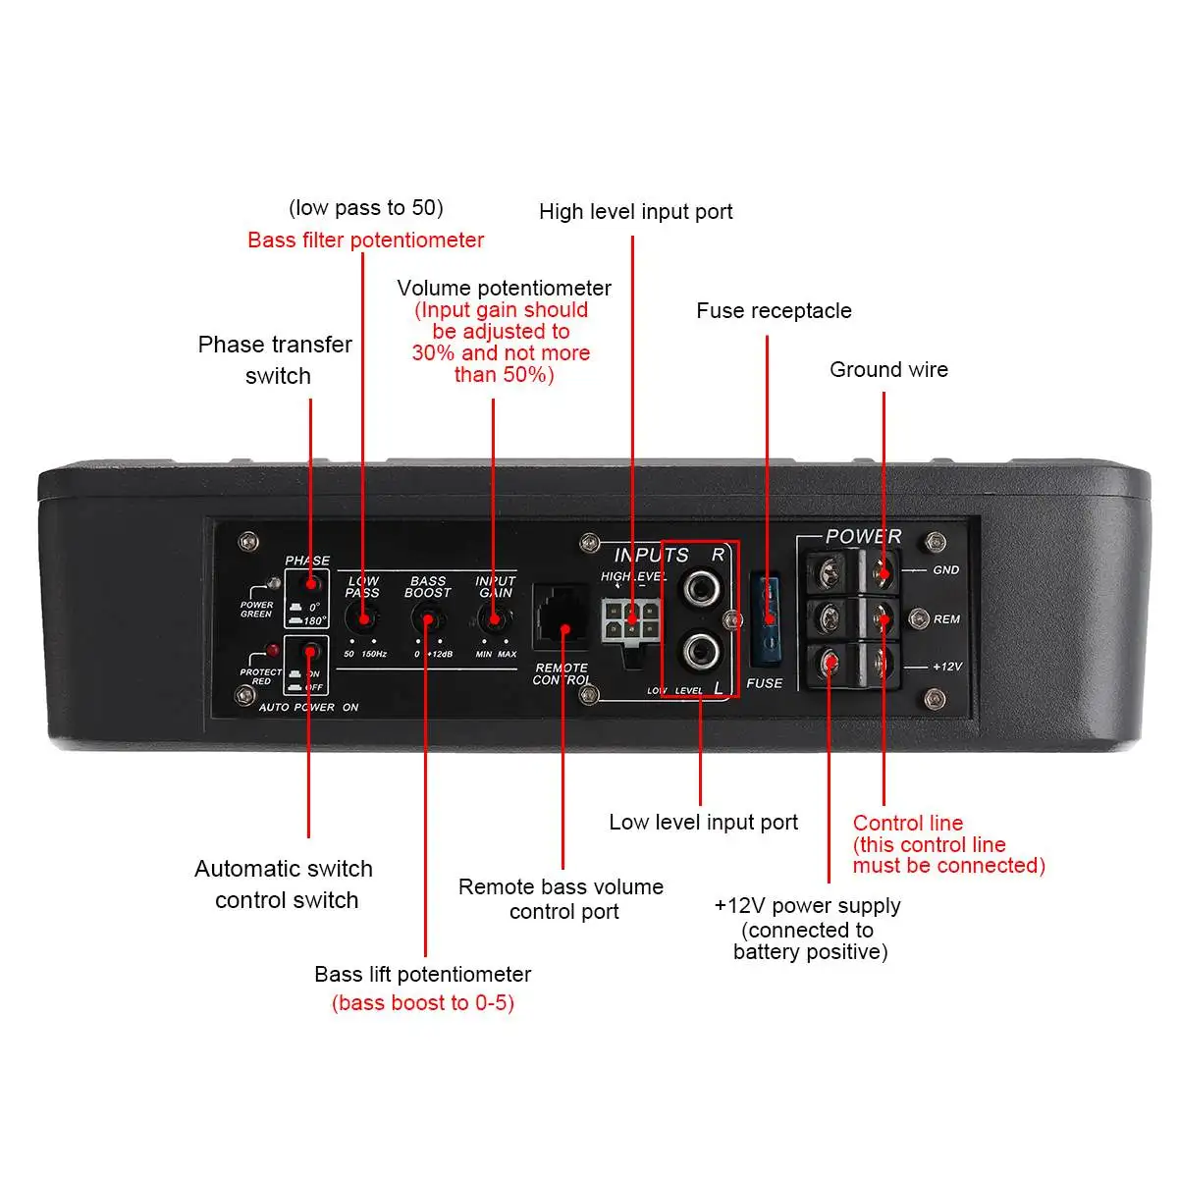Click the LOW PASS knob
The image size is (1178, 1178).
tap(363, 618)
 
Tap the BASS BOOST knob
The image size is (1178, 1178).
tap(427, 619)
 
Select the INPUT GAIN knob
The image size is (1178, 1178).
tap(494, 619)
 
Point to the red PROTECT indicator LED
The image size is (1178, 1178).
tap(272, 651)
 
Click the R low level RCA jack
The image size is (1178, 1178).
tap(701, 589)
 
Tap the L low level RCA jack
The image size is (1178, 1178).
tap(701, 649)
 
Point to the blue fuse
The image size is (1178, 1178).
tap(768, 618)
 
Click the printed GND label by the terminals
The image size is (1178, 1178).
tap(945, 570)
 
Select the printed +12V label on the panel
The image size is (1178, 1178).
tap(946, 667)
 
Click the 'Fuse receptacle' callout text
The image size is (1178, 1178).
tap(774, 311)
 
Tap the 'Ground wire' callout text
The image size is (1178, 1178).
tap(888, 370)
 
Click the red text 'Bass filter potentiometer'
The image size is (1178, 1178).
tap(365, 241)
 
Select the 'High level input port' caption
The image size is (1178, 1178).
tap(635, 212)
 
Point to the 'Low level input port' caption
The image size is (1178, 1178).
tap(703, 823)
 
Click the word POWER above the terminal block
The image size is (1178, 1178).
tap(863, 537)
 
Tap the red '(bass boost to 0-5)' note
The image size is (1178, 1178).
tap(423, 1003)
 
